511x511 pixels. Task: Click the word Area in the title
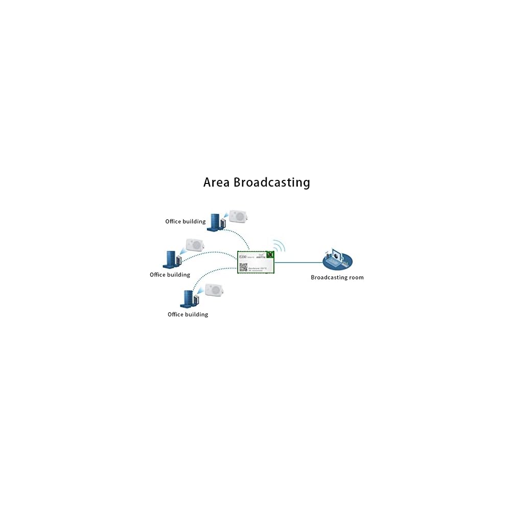(x=217, y=182)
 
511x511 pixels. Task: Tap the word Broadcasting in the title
(x=272, y=182)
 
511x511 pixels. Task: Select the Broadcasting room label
(x=337, y=277)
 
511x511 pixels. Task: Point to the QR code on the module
(x=244, y=267)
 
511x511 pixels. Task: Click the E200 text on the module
(x=243, y=257)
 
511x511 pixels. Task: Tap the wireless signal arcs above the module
(x=278, y=246)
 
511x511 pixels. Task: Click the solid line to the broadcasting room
(x=299, y=263)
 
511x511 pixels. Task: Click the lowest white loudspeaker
(x=214, y=290)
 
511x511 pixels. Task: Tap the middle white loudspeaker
(x=195, y=244)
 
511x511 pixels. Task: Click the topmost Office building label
(x=185, y=222)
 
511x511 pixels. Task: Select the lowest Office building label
(x=188, y=314)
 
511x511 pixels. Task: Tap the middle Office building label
(x=170, y=275)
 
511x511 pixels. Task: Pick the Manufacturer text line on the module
(x=254, y=268)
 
